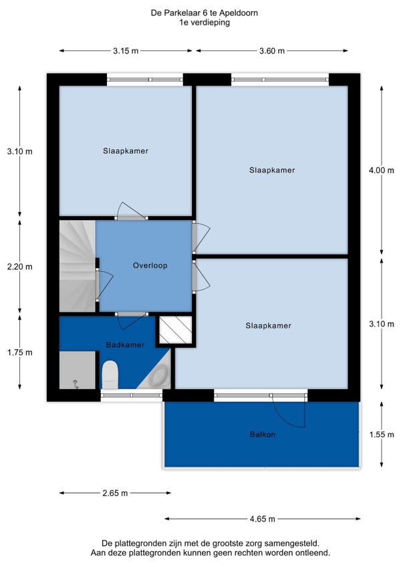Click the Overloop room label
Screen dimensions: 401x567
coord(150,266)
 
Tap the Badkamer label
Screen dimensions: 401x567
coord(125,345)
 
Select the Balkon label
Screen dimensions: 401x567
coord(263,435)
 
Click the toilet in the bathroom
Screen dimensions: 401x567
coord(110,374)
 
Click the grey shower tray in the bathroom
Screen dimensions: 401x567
coord(78,370)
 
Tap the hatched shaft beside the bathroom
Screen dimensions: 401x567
coord(176,330)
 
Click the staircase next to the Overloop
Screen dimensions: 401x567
coord(78,266)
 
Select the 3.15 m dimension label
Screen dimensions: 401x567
coord(126,51)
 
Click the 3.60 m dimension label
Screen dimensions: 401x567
coord(272,51)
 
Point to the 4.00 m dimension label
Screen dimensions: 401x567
coord(382,171)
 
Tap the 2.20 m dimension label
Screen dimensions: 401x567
coord(20,267)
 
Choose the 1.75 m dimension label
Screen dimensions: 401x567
coord(20,352)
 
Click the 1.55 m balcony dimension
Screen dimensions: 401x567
coord(382,435)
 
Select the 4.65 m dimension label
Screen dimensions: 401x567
coord(263,519)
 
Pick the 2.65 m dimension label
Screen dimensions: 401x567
coord(115,493)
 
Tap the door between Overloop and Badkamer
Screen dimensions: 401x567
coord(132,320)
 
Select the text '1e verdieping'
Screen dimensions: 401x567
coord(205,23)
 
